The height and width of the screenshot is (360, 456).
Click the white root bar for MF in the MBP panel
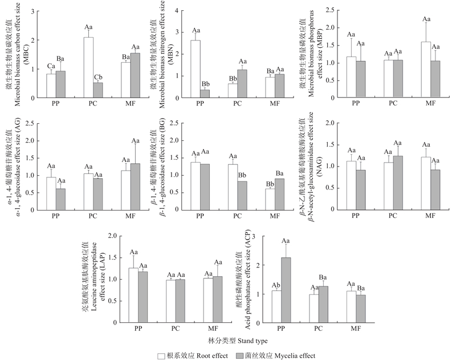(426, 69)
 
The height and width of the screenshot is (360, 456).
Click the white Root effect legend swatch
(161, 355)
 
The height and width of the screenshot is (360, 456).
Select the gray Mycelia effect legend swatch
(238, 355)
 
